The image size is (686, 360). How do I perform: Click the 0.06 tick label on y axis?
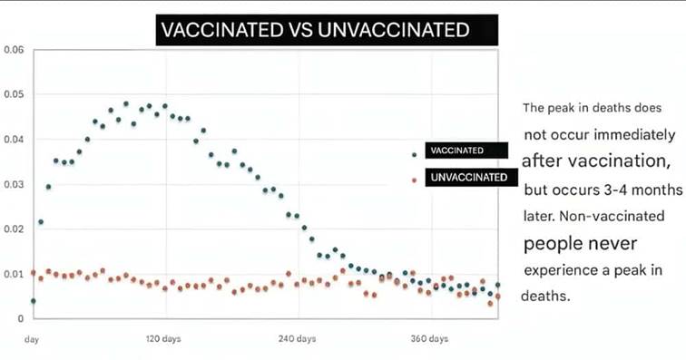click(x=14, y=50)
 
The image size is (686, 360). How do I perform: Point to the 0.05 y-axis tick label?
click(x=14, y=94)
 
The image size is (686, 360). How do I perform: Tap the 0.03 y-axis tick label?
click(x=14, y=185)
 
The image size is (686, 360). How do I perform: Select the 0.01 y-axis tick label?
click(x=14, y=274)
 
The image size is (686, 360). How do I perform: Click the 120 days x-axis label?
click(x=163, y=338)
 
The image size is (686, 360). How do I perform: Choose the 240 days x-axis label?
click(x=297, y=338)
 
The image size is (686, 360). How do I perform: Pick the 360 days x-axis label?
click(x=429, y=338)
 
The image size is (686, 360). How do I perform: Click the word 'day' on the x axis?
click(x=32, y=339)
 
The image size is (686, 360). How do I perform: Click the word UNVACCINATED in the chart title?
click(x=393, y=30)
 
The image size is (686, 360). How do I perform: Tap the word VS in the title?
click(x=299, y=30)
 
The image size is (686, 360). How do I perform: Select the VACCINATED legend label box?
click(x=466, y=151)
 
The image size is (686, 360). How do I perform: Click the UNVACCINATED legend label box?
click(x=472, y=177)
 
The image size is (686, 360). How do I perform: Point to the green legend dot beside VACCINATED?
click(x=415, y=155)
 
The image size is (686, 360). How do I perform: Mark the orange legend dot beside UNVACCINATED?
click(x=415, y=180)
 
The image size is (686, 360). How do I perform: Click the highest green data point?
click(x=126, y=104)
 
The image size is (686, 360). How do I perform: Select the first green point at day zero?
click(x=34, y=301)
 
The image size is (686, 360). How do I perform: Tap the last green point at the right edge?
click(x=497, y=285)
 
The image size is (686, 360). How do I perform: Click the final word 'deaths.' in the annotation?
click(x=545, y=297)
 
